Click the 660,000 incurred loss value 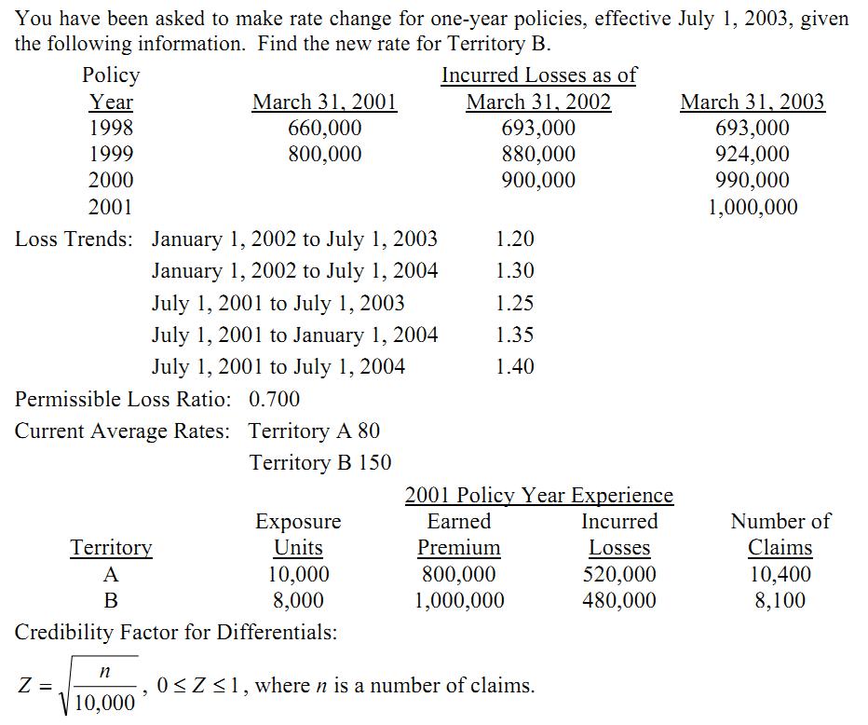(x=325, y=128)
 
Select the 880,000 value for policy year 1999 (x=538, y=154)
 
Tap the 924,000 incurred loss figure (x=752, y=154)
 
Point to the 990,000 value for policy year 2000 (x=752, y=180)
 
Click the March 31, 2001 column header (x=325, y=102)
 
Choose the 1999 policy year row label (x=111, y=154)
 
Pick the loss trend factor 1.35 (x=515, y=335)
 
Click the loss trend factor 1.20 (x=515, y=239)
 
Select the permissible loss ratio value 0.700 (x=275, y=399)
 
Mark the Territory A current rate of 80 (x=369, y=431)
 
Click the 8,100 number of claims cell (x=780, y=600)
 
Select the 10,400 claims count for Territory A (x=780, y=574)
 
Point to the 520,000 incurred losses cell (x=619, y=574)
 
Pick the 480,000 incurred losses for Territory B (x=619, y=600)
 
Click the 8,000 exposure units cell (x=298, y=600)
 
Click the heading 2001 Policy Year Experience (x=538, y=495)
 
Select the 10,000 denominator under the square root (x=105, y=702)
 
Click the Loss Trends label (x=74, y=239)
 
